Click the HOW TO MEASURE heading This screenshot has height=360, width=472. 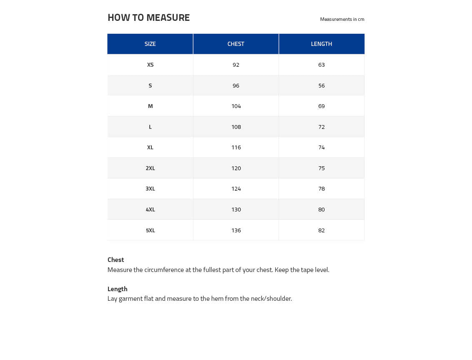click(x=148, y=18)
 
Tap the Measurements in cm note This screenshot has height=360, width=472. click(x=342, y=19)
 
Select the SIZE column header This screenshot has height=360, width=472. click(x=150, y=44)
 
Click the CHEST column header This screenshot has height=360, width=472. click(x=236, y=44)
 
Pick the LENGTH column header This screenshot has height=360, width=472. click(x=321, y=44)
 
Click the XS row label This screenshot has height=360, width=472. click(x=150, y=65)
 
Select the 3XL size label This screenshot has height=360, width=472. click(x=150, y=189)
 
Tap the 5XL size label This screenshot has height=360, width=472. click(x=150, y=230)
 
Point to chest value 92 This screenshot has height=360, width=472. click(x=236, y=65)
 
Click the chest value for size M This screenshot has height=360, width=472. click(x=236, y=106)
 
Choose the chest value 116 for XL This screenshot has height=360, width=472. click(x=236, y=147)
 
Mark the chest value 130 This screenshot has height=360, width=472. click(x=236, y=209)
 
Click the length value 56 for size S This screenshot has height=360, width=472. click(x=321, y=86)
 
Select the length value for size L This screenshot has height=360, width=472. click(x=321, y=127)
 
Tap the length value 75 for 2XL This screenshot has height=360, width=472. click(x=321, y=168)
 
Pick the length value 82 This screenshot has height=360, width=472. click(x=321, y=230)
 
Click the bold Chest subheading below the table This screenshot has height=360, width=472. click(x=116, y=259)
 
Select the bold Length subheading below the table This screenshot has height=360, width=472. click(x=118, y=289)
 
